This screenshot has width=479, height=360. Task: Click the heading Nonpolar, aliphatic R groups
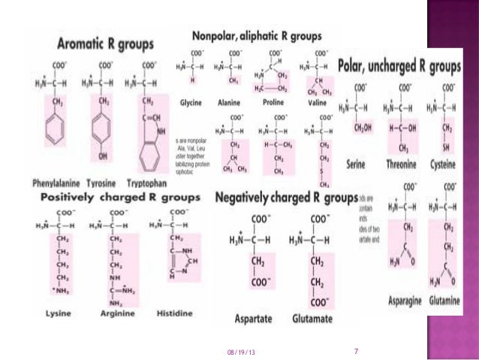258,35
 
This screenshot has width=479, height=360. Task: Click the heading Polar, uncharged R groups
399,67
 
